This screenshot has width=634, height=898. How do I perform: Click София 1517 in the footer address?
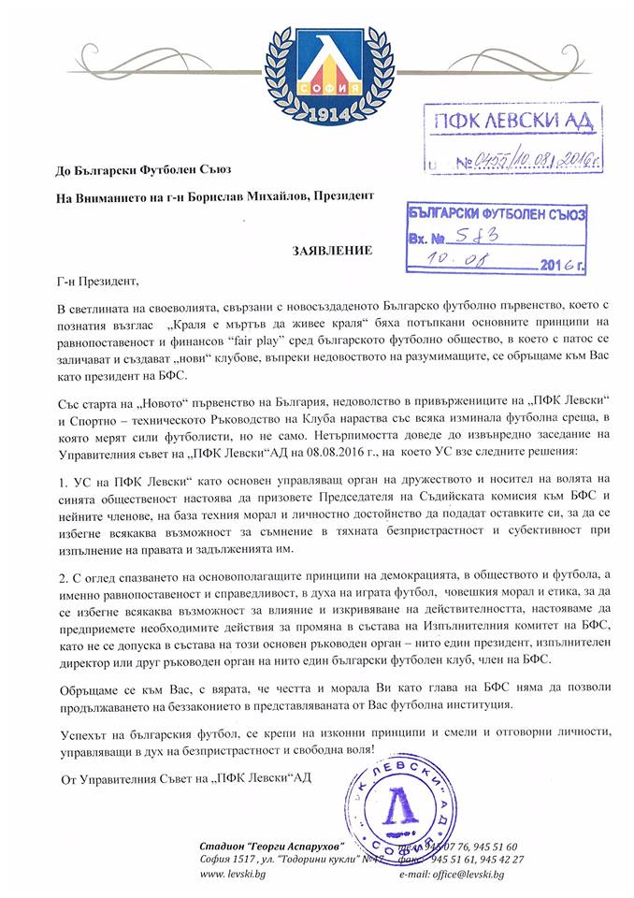pyautogui.click(x=225, y=860)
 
